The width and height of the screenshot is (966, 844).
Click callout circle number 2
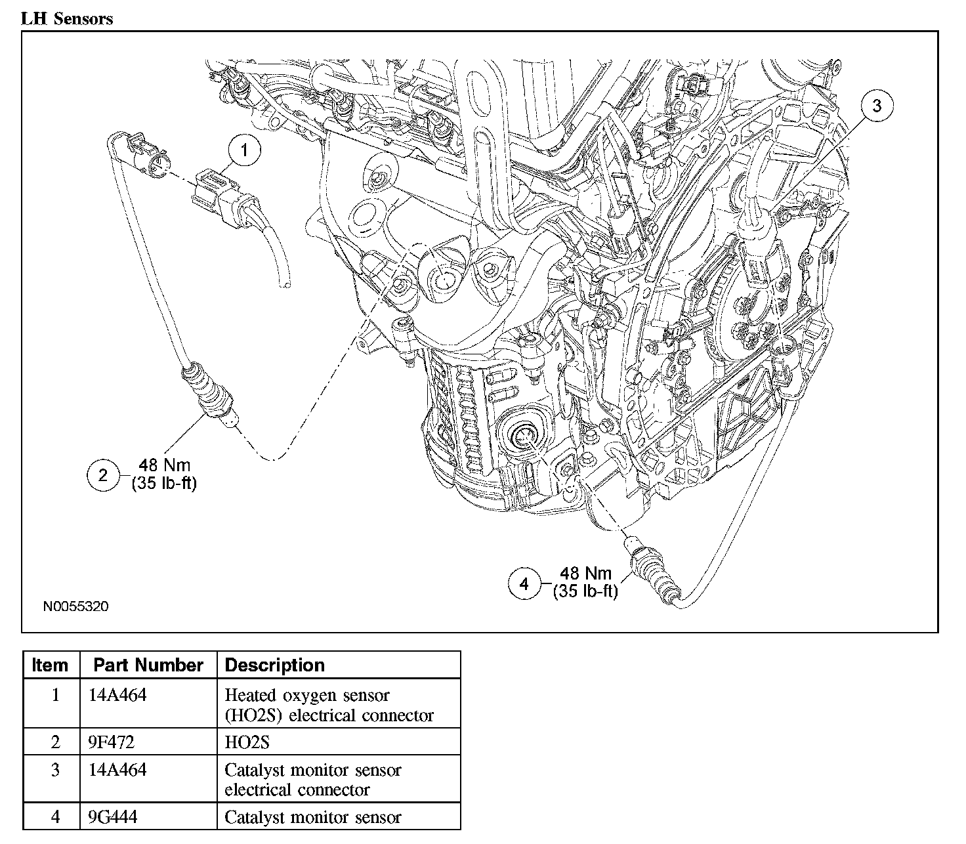tap(103, 475)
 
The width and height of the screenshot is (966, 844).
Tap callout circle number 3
tap(877, 105)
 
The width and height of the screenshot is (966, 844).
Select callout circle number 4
tap(524, 583)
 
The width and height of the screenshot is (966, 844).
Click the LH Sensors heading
tap(67, 18)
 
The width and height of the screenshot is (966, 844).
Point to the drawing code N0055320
tap(76, 606)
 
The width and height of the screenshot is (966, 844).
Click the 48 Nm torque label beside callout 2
tap(164, 465)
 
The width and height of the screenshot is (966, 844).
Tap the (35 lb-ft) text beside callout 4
tap(585, 591)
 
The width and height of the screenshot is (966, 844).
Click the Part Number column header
tap(148, 665)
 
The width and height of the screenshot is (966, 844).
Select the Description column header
tap(274, 665)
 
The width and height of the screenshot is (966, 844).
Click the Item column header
tap(50, 665)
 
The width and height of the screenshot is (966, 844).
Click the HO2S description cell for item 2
tap(247, 742)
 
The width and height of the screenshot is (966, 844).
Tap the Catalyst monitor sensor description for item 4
tap(312, 817)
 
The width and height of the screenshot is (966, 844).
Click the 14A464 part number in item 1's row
tap(117, 694)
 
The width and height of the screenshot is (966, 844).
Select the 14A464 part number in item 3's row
tap(117, 769)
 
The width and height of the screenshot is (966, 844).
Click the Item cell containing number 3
tap(54, 769)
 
